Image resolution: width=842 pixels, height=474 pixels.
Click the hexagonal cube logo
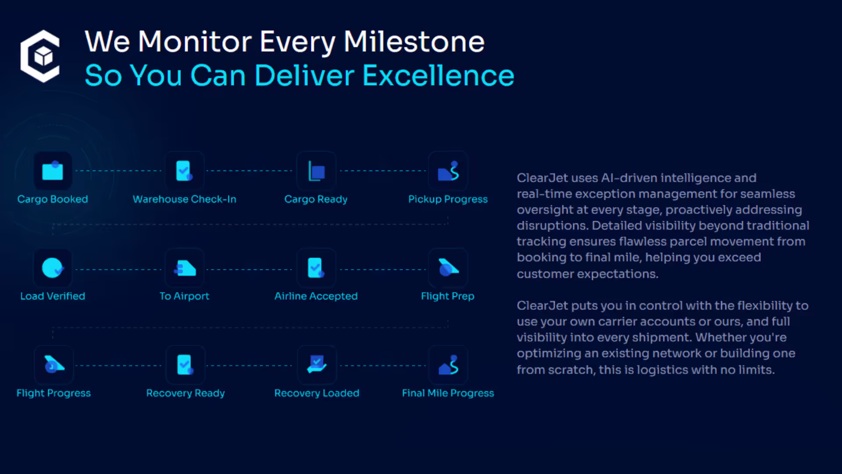(40, 56)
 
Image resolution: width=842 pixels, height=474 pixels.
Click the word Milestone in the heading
(414, 42)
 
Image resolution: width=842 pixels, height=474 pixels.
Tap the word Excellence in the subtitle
(438, 75)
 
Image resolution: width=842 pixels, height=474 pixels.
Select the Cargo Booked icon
(53, 171)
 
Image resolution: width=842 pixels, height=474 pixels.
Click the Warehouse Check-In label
(184, 199)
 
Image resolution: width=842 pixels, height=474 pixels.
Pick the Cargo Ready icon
(316, 171)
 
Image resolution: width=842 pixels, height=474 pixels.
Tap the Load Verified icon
(53, 268)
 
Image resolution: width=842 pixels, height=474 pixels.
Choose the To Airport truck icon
(185, 268)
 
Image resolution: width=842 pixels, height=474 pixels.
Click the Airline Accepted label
(316, 296)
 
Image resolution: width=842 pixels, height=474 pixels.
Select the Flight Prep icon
(448, 268)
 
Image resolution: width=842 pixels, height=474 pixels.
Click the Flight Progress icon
(54, 365)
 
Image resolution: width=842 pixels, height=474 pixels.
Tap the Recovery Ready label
(185, 393)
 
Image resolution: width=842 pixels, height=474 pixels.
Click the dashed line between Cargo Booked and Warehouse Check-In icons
(118, 171)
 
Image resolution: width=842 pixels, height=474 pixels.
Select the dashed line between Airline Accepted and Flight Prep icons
(382, 269)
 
